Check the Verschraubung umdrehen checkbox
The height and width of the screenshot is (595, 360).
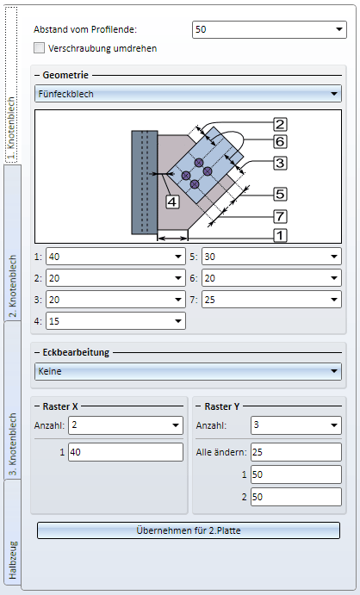click(x=39, y=48)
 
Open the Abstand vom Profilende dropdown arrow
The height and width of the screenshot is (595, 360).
click(x=339, y=29)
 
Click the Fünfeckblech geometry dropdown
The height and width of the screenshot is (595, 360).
click(x=188, y=94)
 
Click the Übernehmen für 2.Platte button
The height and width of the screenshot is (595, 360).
click(x=188, y=530)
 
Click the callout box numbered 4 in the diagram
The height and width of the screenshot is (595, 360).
click(x=172, y=201)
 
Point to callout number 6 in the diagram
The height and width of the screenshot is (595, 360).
click(x=280, y=141)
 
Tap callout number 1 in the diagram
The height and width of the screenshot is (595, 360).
click(x=280, y=235)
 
